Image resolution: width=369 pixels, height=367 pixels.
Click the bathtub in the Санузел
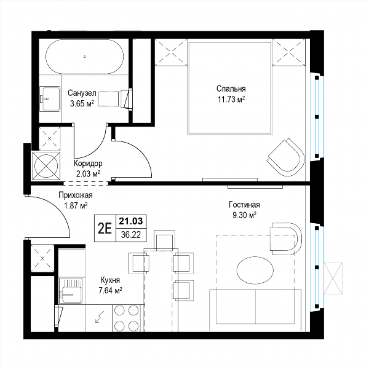tap(84, 57)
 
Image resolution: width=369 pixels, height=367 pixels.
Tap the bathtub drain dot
tap(85, 57)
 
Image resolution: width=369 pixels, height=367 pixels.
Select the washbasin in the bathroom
tap(49, 98)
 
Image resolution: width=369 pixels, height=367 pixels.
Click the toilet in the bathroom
tap(115, 99)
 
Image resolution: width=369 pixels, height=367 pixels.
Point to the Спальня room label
tap(231, 89)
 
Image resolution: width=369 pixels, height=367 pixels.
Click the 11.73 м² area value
tap(231, 100)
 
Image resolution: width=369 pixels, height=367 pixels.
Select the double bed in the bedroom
tap(230, 88)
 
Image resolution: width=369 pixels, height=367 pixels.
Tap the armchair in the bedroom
tap(286, 157)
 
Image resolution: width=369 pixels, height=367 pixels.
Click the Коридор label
tap(88, 163)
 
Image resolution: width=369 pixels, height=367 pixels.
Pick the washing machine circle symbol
tap(46, 166)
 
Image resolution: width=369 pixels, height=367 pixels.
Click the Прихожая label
tap(76, 195)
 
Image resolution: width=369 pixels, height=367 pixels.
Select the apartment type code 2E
tap(105, 229)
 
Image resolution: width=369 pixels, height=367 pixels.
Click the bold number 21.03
tap(131, 221)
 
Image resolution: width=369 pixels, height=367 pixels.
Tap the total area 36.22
tap(131, 235)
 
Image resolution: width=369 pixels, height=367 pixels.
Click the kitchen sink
tap(70, 291)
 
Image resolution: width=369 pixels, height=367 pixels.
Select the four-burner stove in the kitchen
tap(126, 318)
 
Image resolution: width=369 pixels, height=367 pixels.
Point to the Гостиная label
tap(244, 205)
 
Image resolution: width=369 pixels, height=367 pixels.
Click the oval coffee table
tap(255, 270)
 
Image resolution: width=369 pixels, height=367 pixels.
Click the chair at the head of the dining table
tap(164, 240)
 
